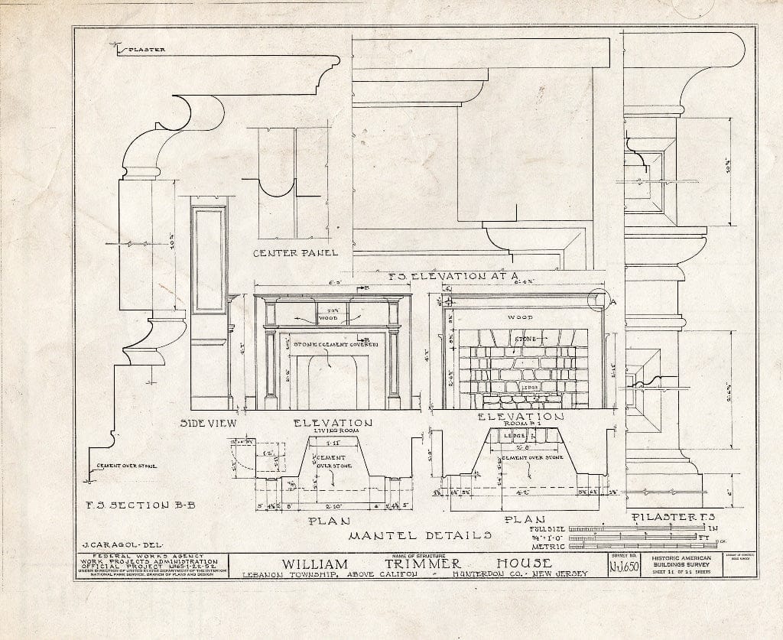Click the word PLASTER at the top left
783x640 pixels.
tap(146, 50)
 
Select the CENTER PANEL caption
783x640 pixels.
tap(294, 252)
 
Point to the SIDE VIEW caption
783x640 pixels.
tap(209, 423)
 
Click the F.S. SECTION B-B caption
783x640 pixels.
tap(132, 505)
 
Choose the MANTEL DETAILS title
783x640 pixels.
tap(419, 534)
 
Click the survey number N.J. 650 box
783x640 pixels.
tap(625, 567)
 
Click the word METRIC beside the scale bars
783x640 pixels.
tap(548, 546)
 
